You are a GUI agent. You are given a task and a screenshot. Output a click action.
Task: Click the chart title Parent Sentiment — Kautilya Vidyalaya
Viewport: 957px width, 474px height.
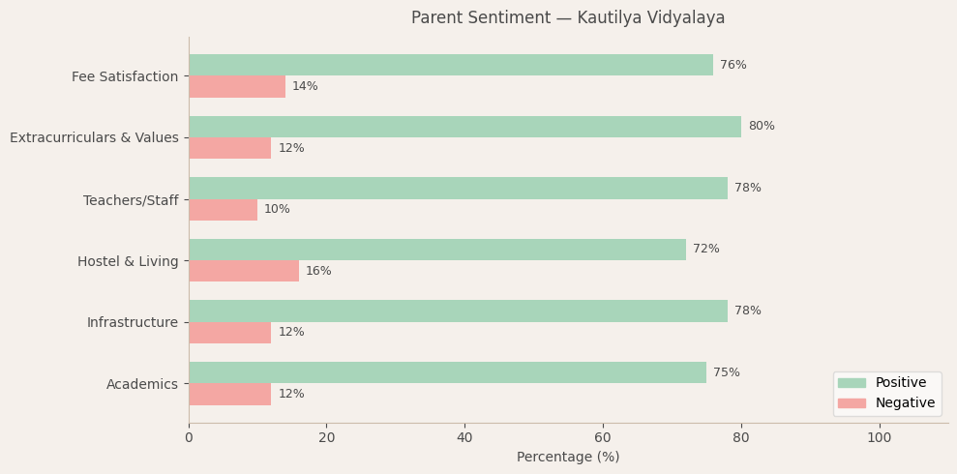(567, 18)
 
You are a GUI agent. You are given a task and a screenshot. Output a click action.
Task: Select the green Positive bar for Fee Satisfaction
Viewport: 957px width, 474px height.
(450, 65)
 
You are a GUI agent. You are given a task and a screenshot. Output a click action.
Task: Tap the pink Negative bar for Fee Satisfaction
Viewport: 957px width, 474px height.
(237, 87)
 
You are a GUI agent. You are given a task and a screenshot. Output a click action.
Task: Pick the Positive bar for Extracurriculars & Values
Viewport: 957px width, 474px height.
(464, 127)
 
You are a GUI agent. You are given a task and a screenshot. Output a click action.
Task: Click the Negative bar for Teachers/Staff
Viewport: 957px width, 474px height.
(223, 210)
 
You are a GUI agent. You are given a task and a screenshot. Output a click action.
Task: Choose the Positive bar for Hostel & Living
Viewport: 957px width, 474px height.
(436, 250)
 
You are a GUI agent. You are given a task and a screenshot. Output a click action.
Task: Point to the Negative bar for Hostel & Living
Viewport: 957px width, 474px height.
(244, 271)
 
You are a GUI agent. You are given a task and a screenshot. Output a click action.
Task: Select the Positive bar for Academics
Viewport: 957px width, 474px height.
(447, 372)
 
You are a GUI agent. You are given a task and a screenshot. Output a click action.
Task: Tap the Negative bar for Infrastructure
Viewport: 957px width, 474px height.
(229, 333)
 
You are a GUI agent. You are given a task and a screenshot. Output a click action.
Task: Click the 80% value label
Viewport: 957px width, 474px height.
(761, 127)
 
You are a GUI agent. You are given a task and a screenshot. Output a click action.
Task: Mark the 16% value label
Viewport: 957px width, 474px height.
(318, 271)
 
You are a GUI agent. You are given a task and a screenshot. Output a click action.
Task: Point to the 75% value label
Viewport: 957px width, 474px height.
(726, 372)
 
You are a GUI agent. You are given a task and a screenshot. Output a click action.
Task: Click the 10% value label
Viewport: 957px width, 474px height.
(277, 210)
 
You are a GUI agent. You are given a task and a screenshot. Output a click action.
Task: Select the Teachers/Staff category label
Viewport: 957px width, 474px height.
(131, 200)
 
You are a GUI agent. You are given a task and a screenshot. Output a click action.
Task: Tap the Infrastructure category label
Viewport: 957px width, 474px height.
(133, 322)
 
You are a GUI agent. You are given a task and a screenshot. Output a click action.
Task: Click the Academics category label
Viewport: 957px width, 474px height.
(142, 384)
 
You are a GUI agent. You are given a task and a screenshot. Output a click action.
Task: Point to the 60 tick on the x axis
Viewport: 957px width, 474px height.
(603, 438)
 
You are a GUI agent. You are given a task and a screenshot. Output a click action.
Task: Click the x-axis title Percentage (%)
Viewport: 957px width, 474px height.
(568, 458)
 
